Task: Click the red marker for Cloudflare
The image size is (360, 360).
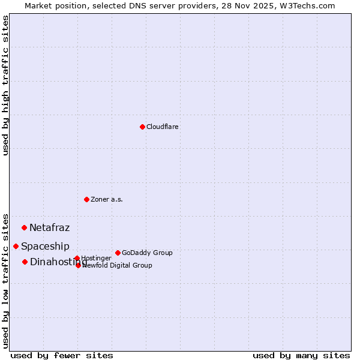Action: pos(142,127)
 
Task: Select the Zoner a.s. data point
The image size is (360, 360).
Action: pos(86,199)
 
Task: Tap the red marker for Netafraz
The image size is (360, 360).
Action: pos(24,227)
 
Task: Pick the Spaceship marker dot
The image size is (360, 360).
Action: pos(16,246)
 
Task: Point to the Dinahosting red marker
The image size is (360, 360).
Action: pos(25,262)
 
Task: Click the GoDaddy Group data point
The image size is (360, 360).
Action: pos(118,253)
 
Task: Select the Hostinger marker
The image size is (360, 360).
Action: pos(77,258)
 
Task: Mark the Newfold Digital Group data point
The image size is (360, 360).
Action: pos(78,265)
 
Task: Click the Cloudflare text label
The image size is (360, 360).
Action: pos(163,127)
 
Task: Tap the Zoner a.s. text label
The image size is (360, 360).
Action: pos(107,199)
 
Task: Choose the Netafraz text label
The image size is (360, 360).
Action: pos(50,227)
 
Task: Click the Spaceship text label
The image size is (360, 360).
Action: pos(46,246)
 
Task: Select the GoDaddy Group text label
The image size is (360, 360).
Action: pos(147,253)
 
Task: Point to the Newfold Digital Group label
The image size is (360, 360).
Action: pos(118,265)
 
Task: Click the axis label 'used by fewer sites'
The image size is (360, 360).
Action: pos(62,355)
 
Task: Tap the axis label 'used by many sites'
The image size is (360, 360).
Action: pos(301,355)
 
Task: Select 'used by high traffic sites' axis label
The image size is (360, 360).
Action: pos(6,85)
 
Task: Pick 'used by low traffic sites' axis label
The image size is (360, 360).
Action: pos(6,280)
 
